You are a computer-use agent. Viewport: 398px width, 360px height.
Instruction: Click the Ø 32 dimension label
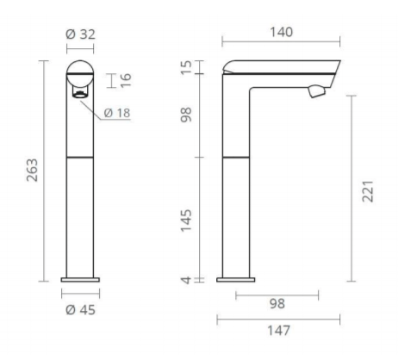80,34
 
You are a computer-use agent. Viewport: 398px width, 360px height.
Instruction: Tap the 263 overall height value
32,170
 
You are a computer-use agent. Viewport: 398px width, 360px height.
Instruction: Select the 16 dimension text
126,80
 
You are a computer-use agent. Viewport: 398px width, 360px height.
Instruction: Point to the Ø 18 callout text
117,113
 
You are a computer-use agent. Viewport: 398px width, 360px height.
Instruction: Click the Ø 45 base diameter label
80,310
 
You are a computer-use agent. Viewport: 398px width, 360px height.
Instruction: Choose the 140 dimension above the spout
282,32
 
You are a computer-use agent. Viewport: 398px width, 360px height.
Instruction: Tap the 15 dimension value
186,67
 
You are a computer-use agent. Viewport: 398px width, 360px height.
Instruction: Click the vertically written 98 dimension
186,115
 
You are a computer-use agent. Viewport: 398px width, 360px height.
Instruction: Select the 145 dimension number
186,220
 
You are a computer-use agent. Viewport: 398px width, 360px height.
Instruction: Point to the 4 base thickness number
187,280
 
